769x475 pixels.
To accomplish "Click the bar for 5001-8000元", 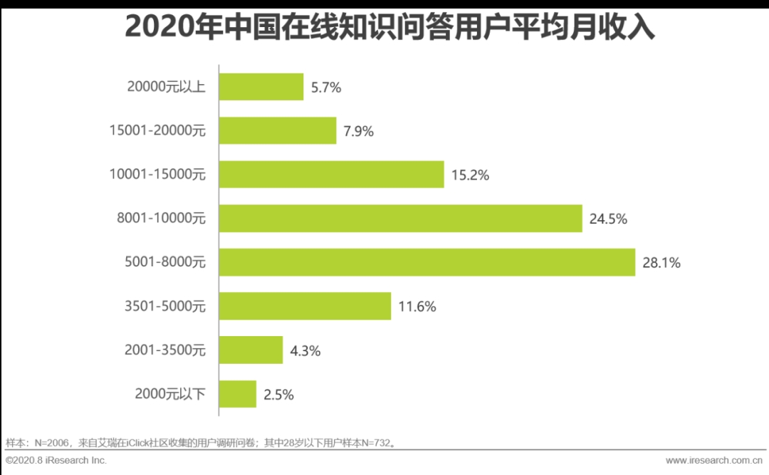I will pyautogui.click(x=427, y=262).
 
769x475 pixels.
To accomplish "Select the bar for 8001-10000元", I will pyautogui.click(x=400, y=219).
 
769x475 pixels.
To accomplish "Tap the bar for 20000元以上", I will pyautogui.click(x=261, y=87).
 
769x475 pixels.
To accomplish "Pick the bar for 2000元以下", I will pyautogui.click(x=237, y=394).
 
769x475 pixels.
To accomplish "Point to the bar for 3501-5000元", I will pyautogui.click(x=305, y=306).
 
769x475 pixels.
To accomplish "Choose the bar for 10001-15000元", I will pyautogui.click(x=331, y=174).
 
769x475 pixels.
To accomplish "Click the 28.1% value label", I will pyautogui.click(x=661, y=263).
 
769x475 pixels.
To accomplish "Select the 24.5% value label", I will pyautogui.click(x=608, y=219).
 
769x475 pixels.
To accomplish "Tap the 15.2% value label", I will pyautogui.click(x=470, y=175).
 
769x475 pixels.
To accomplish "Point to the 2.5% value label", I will pyautogui.click(x=279, y=395).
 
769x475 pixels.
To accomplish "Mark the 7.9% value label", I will pyautogui.click(x=359, y=131).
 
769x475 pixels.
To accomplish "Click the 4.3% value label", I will pyautogui.click(x=305, y=350).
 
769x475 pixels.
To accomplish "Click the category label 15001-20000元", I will pyautogui.click(x=157, y=131).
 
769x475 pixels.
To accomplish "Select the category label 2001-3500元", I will pyautogui.click(x=164, y=350).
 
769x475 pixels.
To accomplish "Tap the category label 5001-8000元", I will pyautogui.click(x=164, y=263).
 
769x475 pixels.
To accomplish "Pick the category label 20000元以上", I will pyautogui.click(x=166, y=88).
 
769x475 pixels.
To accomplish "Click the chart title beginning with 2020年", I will pyautogui.click(x=389, y=28).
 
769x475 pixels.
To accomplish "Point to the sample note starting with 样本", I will pyautogui.click(x=200, y=443).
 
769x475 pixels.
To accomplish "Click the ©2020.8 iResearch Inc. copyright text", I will pyautogui.click(x=56, y=461).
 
